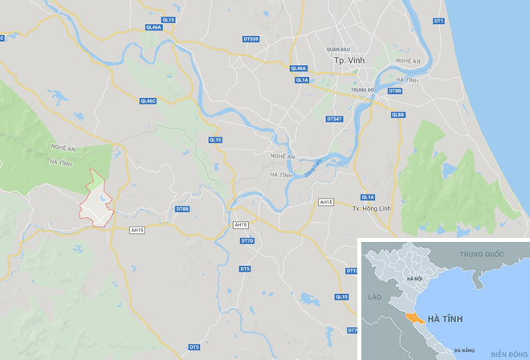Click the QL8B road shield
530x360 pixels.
(x=398, y=115)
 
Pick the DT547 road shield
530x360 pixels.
(x=335, y=119)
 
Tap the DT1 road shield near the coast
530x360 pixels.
(x=438, y=21)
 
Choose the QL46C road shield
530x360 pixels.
(x=147, y=100)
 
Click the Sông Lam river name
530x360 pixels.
(x=313, y=166)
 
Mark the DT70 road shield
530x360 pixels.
(x=247, y=241)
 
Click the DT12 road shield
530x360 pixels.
(x=351, y=271)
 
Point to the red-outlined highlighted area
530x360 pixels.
(x=96, y=201)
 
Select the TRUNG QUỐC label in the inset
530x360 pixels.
(x=481, y=254)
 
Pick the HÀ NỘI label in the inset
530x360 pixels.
(x=414, y=279)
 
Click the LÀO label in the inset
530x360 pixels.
(x=373, y=297)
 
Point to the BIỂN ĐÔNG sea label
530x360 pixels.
(x=508, y=354)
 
